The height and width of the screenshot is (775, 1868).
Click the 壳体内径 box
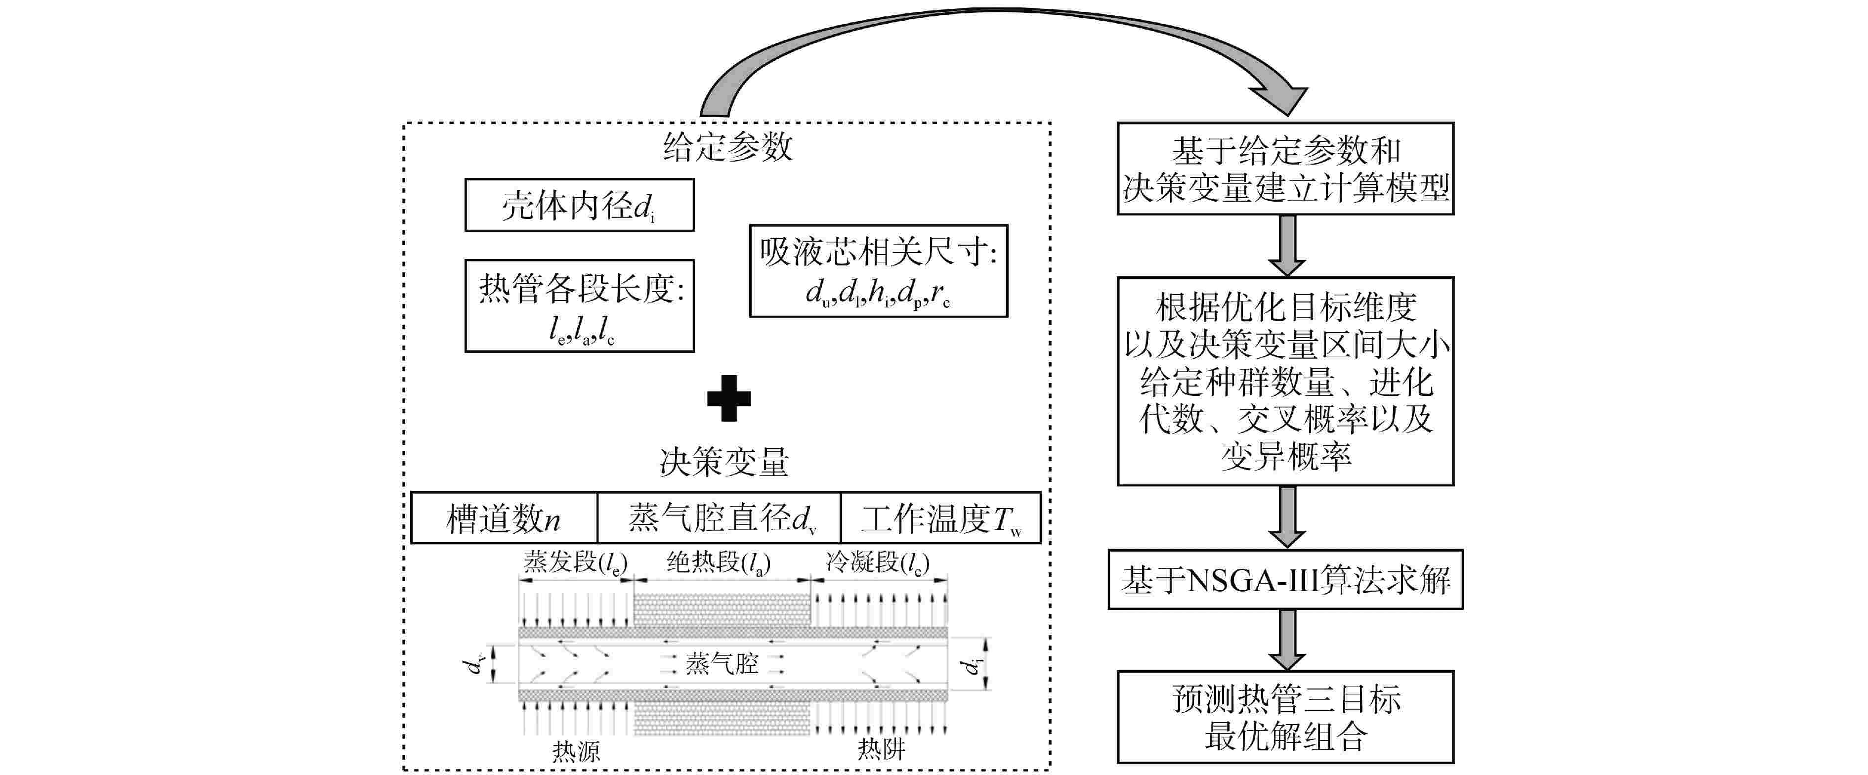pyautogui.click(x=579, y=205)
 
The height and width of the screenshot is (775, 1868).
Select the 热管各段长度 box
pyautogui.click(x=579, y=306)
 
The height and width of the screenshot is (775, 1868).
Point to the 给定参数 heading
pyautogui.click(x=727, y=147)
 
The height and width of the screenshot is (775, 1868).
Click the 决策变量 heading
pyautogui.click(x=723, y=462)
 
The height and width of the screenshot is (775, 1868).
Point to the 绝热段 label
pyautogui.click(x=718, y=562)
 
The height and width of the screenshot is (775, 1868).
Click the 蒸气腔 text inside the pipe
pyautogui.click(x=722, y=663)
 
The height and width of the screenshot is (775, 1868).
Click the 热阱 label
pyautogui.click(x=881, y=749)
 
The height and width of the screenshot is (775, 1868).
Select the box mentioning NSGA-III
pyautogui.click(x=1285, y=580)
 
